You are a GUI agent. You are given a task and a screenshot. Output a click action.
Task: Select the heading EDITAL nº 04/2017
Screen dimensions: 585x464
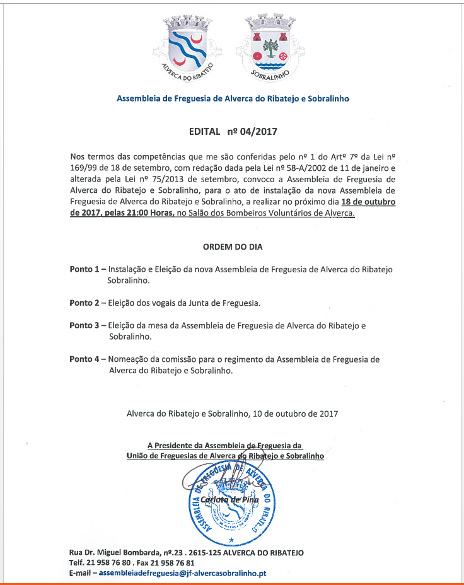233,132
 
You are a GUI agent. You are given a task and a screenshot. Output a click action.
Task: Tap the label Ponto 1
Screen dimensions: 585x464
84,269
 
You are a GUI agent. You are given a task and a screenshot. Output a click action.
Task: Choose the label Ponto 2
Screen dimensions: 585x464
84,303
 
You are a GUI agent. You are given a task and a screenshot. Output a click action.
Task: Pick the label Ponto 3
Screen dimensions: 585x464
84,325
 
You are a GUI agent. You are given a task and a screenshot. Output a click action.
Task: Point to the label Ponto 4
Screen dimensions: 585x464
84,359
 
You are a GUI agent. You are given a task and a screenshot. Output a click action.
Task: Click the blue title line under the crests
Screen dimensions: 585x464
233,99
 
